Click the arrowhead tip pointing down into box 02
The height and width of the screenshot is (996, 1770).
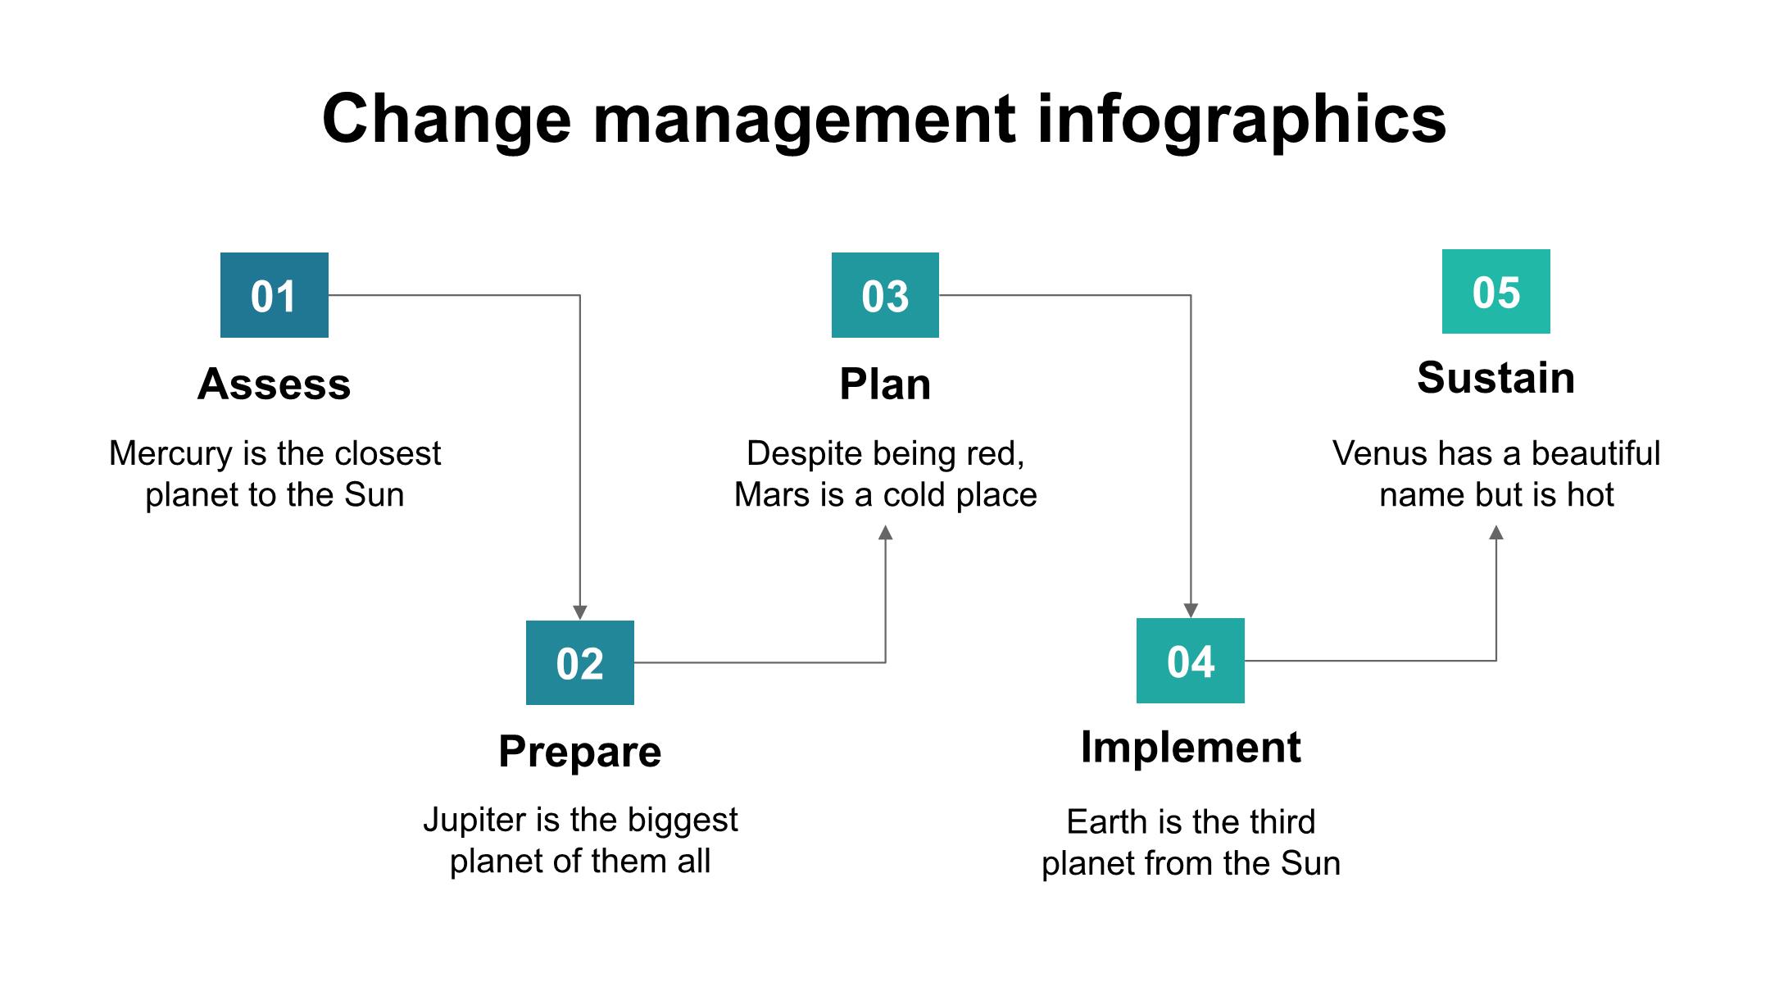[x=580, y=620]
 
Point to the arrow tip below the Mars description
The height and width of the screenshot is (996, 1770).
[x=885, y=525]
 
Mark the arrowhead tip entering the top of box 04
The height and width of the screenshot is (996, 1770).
[x=1191, y=618]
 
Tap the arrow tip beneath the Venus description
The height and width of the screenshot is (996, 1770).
[x=1496, y=525]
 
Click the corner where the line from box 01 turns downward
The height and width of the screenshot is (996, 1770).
[x=580, y=295]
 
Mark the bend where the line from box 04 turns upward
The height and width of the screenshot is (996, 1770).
[x=1496, y=660]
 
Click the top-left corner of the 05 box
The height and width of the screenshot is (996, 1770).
[x=1442, y=249]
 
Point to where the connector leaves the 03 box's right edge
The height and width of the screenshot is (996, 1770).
[x=939, y=295]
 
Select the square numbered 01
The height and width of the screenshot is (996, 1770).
[x=275, y=295]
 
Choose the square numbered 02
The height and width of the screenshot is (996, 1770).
[x=580, y=662]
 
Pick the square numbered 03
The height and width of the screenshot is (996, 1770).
[x=885, y=295]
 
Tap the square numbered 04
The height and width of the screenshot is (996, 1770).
[x=1191, y=661]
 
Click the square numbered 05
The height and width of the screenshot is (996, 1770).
[x=1496, y=291]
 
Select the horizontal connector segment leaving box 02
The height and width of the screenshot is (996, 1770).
[x=760, y=662]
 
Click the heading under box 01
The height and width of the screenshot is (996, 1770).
[x=275, y=384]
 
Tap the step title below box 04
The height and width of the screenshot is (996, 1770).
[x=1191, y=748]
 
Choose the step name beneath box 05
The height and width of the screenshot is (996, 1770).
[x=1496, y=378]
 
